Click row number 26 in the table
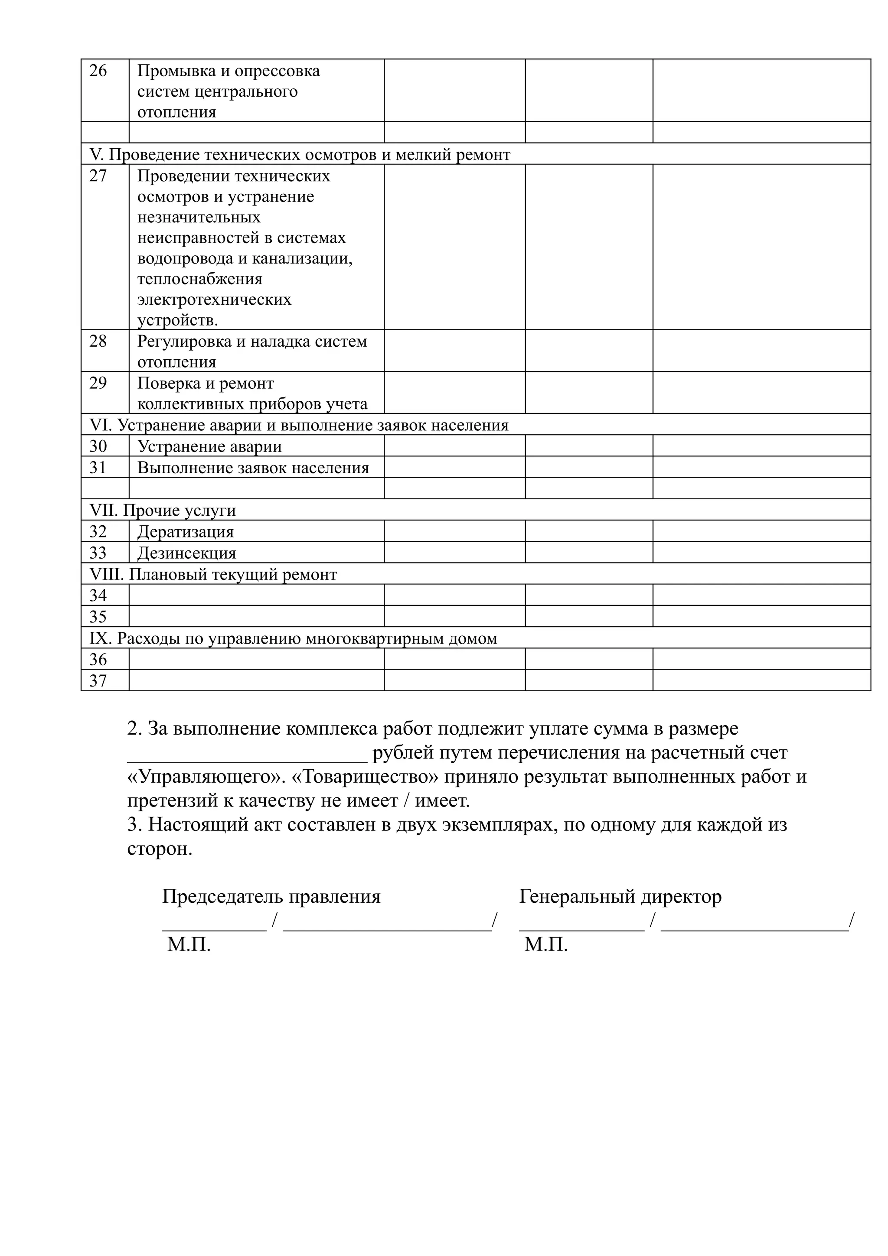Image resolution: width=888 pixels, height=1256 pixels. tap(98, 71)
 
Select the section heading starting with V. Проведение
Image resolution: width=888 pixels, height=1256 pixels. tap(300, 155)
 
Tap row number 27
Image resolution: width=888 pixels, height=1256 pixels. tap(98, 176)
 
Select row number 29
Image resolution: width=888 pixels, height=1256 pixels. tap(98, 383)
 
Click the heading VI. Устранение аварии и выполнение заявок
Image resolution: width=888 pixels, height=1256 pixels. tap(299, 425)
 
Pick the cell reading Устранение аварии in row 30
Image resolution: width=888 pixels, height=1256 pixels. tap(209, 446)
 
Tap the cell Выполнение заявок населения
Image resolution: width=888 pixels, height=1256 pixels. tap(253, 468)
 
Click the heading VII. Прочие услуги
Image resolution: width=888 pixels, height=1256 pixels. tap(163, 511)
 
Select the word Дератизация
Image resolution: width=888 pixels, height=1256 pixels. tap(186, 532)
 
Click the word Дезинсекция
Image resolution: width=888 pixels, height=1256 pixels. tap(186, 553)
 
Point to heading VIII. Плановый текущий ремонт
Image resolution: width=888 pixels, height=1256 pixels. tap(213, 574)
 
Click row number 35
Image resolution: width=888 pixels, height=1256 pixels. tap(98, 617)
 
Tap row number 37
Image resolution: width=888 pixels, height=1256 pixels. tap(98, 681)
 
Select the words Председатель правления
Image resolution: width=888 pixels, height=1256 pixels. tap(271, 897)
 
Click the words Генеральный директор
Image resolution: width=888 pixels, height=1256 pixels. tap(620, 897)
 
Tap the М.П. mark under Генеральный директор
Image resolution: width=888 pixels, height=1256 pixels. tap(545, 945)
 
